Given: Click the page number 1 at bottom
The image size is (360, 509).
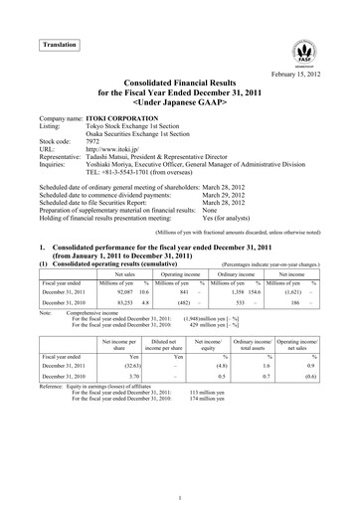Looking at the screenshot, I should [x=179, y=496].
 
